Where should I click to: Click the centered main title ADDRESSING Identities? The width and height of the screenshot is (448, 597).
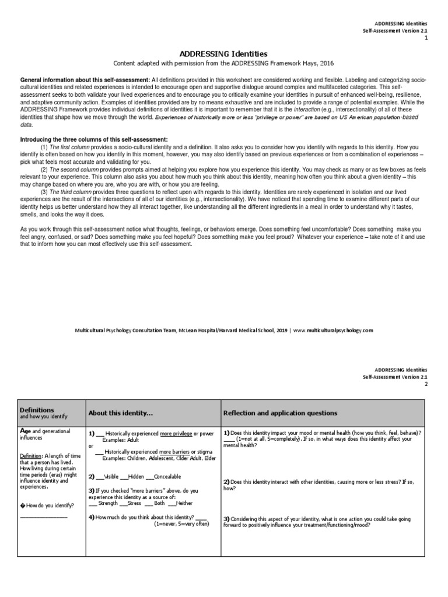pos(224,53)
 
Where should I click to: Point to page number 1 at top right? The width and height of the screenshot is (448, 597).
pos(426,37)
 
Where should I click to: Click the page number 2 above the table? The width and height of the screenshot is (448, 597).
pos(426,384)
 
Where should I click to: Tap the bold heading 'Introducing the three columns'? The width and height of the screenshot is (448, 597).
pos(94,140)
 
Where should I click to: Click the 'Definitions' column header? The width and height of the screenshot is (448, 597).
pos(37,410)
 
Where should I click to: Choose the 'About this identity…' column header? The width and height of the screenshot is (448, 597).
pos(120,413)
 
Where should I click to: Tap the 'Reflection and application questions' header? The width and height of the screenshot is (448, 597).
pos(280,413)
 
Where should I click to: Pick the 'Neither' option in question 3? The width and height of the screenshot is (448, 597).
pos(183,503)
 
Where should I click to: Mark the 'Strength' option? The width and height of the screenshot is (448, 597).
pos(108,503)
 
